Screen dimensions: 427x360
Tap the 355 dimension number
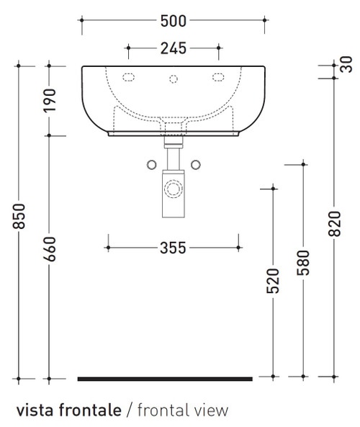173,248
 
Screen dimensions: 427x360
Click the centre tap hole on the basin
173,78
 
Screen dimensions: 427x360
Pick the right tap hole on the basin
217,77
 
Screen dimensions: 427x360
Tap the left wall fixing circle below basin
151,164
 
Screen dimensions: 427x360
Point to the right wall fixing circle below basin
195,164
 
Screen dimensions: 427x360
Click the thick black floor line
165,378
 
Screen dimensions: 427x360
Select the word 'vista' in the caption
34,410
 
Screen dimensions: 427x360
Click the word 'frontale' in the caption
89,410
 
